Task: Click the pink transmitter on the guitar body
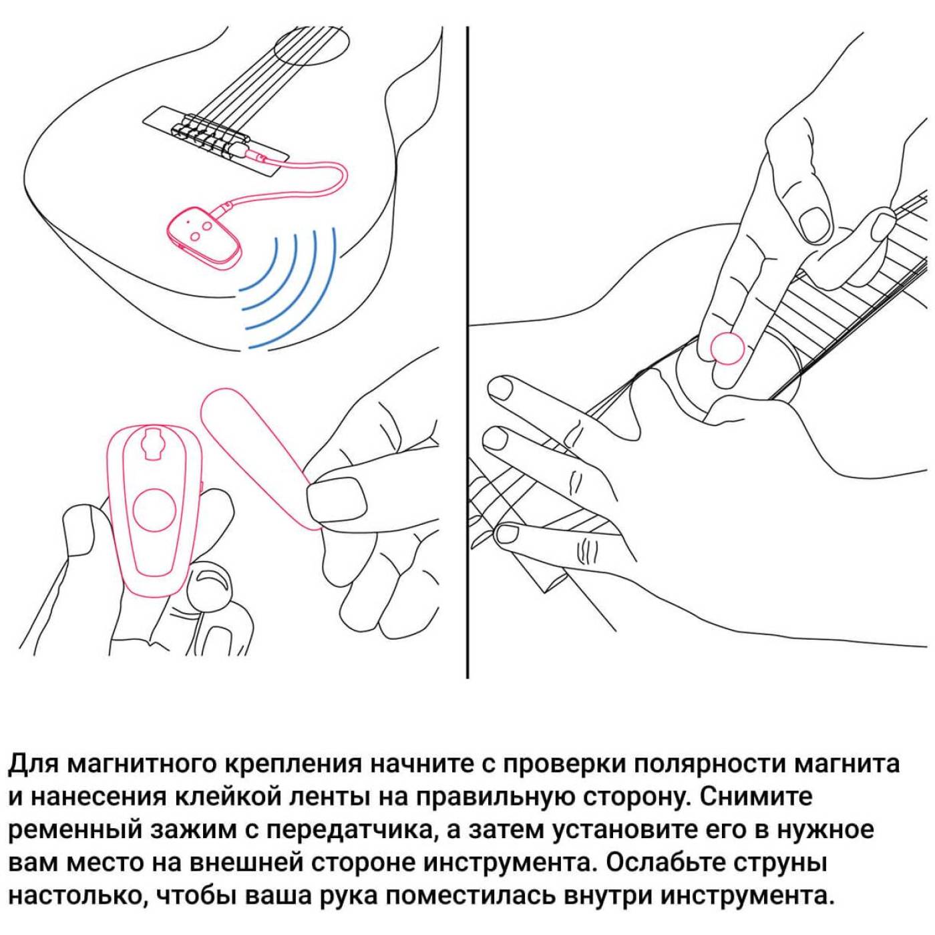coord(202,237)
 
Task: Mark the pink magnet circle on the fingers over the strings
coord(727,347)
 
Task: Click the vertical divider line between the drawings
coord(467,353)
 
